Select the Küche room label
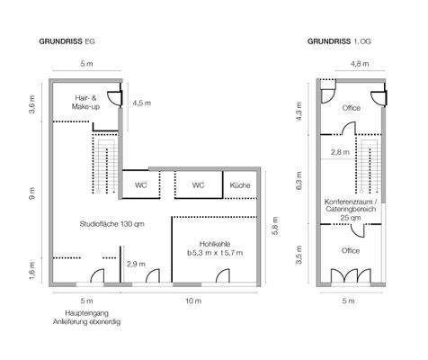click(240, 185)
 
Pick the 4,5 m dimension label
click(142, 103)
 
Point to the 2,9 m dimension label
click(136, 264)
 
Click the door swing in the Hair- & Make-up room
click(114, 99)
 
